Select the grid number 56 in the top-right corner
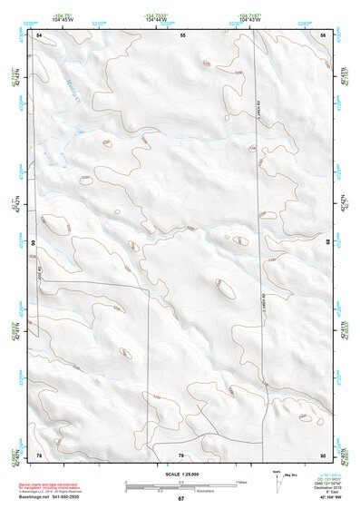pos(323,34)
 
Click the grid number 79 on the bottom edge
pos(180,454)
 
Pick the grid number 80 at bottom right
pos(323,454)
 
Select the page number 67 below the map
pos(180,499)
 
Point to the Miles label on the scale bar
pos(240,481)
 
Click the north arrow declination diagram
pos(279,478)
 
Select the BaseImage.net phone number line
pos(50,496)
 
